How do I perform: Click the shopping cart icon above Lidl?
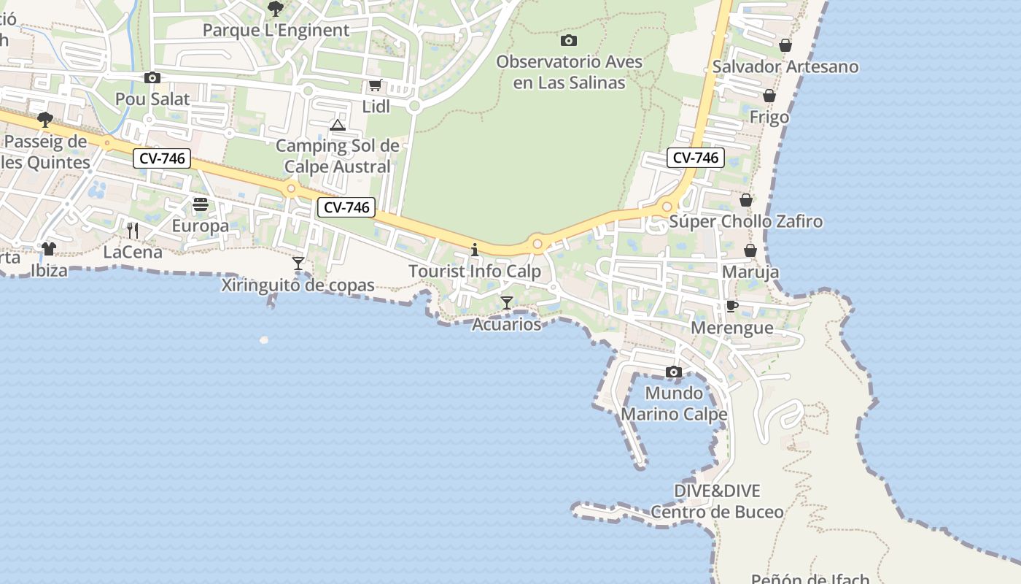[375, 85]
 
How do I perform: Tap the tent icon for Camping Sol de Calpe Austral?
[337, 126]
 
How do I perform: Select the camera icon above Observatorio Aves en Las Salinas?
[569, 40]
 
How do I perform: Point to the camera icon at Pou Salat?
[152, 77]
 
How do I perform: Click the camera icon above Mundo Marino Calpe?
[674, 372]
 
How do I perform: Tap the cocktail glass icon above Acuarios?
[507, 302]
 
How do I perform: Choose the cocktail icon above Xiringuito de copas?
[298, 263]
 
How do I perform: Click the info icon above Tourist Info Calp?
[475, 250]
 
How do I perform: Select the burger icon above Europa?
[201, 204]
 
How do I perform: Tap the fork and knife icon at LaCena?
[132, 230]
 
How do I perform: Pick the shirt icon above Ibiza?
[49, 249]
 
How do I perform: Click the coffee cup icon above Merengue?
[732, 306]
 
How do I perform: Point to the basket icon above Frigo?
[769, 96]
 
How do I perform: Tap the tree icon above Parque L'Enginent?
[276, 9]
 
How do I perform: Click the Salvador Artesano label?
[785, 66]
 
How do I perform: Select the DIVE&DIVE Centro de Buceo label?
[717, 502]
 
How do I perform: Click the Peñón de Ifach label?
[810, 579]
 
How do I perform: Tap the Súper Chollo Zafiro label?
[745, 221]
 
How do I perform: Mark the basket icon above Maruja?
[750, 250]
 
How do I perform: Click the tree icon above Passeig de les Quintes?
[45, 119]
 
